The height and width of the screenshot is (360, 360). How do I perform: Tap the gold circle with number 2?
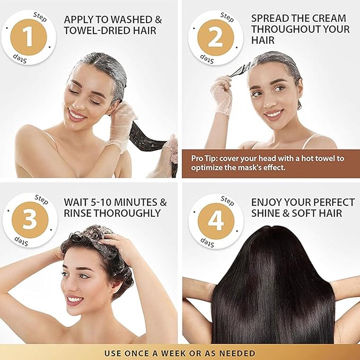pos(216,37)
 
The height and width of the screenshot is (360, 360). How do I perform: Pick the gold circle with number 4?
pos(216,219)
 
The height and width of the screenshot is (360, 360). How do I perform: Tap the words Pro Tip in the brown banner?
pos(206,157)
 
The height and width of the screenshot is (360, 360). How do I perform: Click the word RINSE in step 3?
pos(78,213)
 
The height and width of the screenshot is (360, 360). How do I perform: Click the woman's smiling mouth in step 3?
pos(74,300)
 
